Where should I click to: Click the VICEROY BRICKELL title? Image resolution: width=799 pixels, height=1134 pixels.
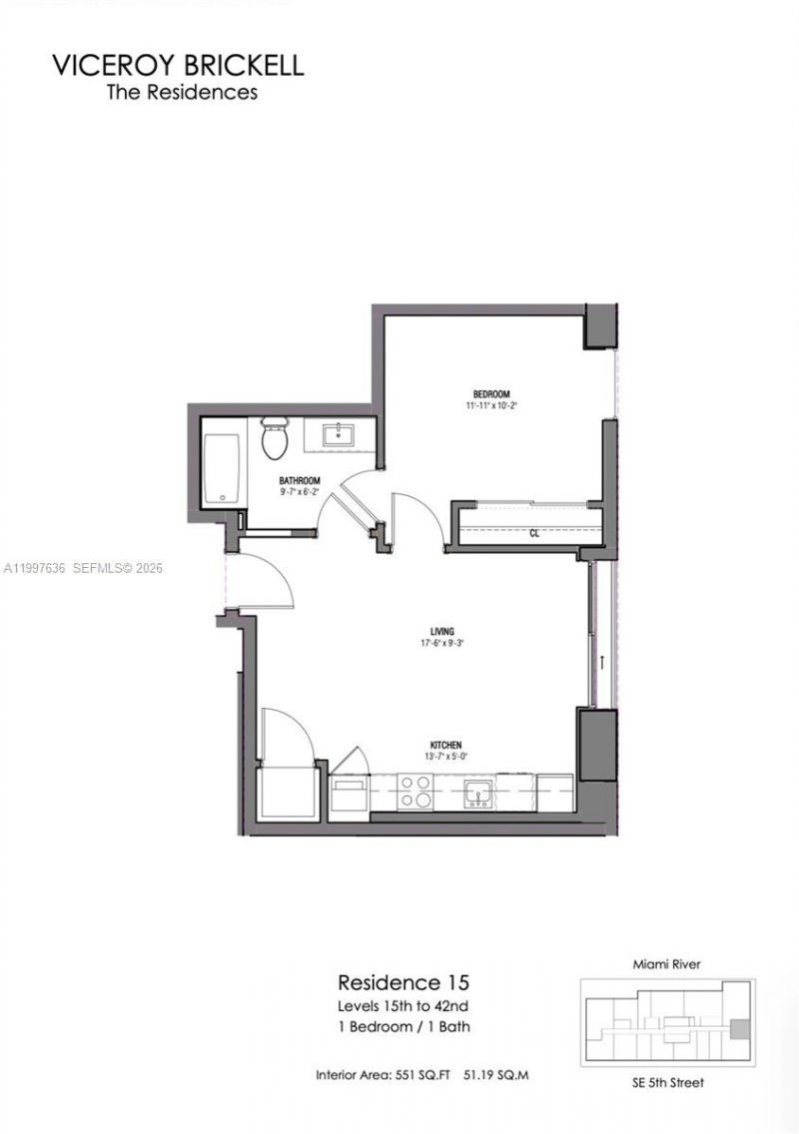[178, 66]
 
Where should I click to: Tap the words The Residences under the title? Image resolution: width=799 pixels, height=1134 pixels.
[182, 92]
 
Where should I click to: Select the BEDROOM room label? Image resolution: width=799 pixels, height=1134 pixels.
[491, 394]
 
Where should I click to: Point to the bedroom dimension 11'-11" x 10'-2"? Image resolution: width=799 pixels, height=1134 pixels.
[491, 406]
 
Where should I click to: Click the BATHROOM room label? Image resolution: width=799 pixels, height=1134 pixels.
[300, 480]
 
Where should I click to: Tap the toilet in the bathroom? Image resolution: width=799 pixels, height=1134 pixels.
[273, 438]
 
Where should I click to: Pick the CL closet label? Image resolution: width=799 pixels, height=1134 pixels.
[534, 533]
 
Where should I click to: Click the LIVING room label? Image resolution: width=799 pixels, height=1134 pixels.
[442, 631]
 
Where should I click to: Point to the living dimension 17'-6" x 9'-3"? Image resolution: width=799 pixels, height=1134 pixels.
[442, 644]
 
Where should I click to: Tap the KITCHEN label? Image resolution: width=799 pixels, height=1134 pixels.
[444, 746]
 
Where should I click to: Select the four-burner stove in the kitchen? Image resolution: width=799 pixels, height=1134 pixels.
[414, 792]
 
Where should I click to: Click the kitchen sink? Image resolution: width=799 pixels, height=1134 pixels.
[477, 794]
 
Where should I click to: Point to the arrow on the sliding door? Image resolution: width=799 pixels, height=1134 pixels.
[602, 662]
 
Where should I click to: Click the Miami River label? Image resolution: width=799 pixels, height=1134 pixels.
[666, 964]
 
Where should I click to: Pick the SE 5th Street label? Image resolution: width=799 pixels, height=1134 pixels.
[667, 1083]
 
